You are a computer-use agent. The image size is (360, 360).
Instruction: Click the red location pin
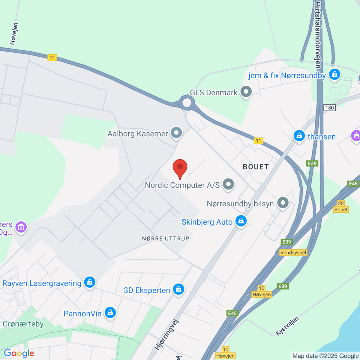tap(180, 167)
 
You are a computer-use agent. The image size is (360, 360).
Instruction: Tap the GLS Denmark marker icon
tap(246, 92)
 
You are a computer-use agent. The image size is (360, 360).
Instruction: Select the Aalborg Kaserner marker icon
tap(176, 133)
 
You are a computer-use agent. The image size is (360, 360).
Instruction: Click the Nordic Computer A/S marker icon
tap(228, 184)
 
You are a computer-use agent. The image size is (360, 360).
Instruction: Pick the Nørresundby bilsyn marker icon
tap(283, 203)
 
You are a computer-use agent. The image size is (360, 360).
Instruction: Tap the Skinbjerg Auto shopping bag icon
tap(241, 221)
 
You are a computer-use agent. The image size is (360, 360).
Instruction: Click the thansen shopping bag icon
tap(299, 136)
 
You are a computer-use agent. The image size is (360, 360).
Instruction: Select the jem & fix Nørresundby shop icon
tap(334, 74)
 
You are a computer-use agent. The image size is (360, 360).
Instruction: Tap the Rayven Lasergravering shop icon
tap(89, 282)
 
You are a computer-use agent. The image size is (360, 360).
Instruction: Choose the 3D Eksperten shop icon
tap(178, 289)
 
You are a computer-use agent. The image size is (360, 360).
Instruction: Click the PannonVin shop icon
tap(110, 313)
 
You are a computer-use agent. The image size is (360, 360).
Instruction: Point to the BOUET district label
tap(256, 167)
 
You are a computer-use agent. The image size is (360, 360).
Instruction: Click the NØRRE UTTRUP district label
tap(166, 238)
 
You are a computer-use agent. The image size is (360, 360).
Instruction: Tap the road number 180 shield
tap(329, 108)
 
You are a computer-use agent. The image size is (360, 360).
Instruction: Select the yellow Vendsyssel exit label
tap(293, 253)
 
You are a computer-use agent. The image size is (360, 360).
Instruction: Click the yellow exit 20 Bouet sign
tap(341, 206)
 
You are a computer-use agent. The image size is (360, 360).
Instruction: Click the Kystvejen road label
tap(287, 326)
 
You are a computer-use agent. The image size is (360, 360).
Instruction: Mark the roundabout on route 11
tap(187, 103)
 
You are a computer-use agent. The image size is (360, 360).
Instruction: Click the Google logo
tap(19, 353)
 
